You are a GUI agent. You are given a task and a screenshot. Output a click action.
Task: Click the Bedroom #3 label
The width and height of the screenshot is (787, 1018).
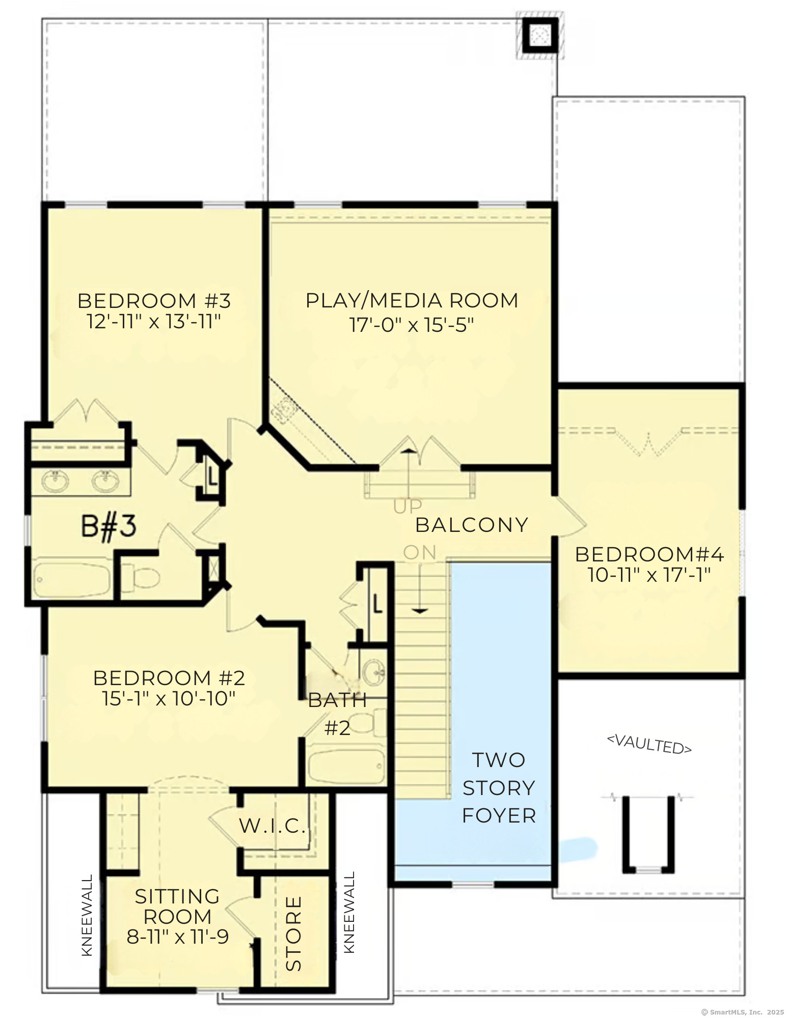pyautogui.click(x=154, y=301)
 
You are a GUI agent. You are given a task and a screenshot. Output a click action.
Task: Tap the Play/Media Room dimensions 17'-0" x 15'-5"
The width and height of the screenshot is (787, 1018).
pyautogui.click(x=412, y=325)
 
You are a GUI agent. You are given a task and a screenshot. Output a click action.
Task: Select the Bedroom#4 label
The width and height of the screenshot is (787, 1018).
pyautogui.click(x=649, y=554)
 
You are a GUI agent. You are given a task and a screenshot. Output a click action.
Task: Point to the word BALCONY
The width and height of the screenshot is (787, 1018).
pyautogui.click(x=472, y=525)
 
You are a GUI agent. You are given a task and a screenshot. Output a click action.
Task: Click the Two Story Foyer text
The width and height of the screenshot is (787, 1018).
pyautogui.click(x=499, y=787)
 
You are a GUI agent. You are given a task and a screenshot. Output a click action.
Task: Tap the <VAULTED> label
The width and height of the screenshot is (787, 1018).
pyautogui.click(x=649, y=744)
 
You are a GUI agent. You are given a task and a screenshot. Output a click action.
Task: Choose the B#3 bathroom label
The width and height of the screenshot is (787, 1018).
pyautogui.click(x=108, y=526)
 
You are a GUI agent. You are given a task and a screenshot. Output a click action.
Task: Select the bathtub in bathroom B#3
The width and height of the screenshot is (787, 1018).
pyautogui.click(x=71, y=579)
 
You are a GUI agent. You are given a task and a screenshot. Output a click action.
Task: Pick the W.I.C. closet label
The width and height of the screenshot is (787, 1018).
pyautogui.click(x=273, y=826)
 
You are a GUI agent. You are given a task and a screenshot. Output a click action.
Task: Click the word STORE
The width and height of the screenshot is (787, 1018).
pyautogui.click(x=294, y=934)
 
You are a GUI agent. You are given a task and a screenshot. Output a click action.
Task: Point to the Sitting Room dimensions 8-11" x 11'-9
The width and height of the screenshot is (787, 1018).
pyautogui.click(x=177, y=937)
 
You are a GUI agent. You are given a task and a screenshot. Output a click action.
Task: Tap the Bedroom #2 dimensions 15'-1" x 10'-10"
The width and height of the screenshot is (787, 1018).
pyautogui.click(x=169, y=698)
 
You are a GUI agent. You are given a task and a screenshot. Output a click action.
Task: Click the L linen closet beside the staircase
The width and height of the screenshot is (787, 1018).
pyautogui.click(x=376, y=604)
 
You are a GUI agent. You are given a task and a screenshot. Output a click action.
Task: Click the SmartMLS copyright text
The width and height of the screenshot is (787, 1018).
pyautogui.click(x=742, y=1012)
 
